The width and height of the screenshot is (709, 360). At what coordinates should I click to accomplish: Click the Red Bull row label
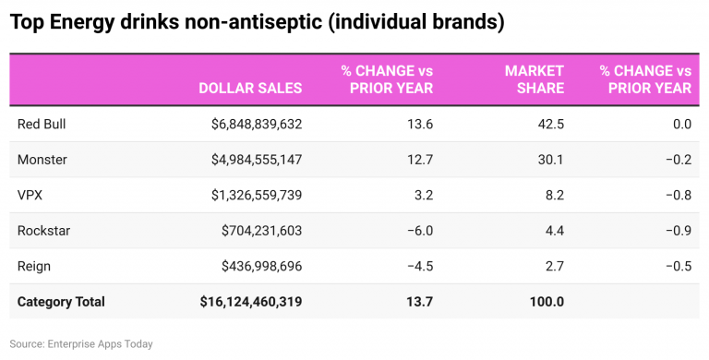click(42, 124)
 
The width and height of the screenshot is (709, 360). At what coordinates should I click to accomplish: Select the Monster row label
click(42, 160)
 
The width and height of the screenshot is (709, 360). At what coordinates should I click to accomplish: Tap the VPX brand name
click(30, 195)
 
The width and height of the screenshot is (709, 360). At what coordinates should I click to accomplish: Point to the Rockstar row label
click(43, 231)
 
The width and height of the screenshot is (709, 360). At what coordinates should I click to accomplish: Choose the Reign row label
click(34, 266)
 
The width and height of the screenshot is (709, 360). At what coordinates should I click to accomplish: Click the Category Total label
click(61, 302)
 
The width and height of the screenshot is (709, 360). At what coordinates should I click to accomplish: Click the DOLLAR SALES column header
click(250, 89)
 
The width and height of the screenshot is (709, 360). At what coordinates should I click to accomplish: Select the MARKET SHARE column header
click(535, 79)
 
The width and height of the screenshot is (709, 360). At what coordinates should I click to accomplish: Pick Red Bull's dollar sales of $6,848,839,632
click(250, 124)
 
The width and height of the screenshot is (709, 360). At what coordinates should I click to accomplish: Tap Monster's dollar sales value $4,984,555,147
click(250, 160)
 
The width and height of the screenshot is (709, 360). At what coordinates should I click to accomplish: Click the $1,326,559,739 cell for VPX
click(250, 195)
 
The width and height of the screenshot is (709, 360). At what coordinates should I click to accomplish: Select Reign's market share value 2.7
click(554, 266)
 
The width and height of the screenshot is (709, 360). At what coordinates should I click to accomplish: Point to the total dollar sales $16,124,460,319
click(250, 302)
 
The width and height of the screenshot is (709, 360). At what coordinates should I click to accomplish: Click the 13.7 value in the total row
click(420, 302)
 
